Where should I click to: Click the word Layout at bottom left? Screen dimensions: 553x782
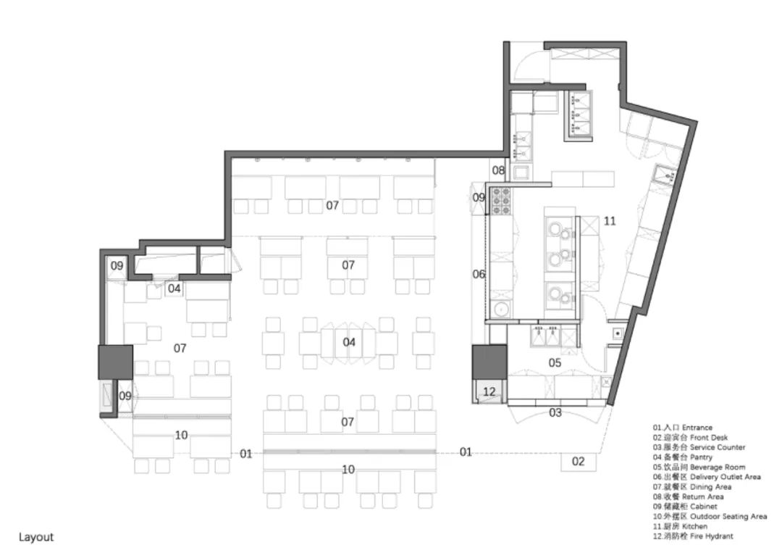tap(36, 537)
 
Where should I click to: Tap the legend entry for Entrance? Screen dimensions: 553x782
tap(682, 428)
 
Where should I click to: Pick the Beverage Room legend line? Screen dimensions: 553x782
tap(698, 467)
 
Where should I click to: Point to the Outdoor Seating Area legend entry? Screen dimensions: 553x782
tap(709, 517)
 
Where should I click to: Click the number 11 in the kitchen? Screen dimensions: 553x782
tap(609, 220)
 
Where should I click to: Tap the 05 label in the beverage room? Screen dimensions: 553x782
tap(555, 362)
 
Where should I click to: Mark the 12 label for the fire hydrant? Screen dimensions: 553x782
tap(490, 392)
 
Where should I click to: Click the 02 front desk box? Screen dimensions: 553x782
tap(578, 461)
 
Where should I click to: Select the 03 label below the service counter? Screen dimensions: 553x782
tap(555, 413)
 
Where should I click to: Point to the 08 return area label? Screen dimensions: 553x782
tap(498, 170)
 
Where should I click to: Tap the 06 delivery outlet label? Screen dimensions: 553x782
tap(479, 274)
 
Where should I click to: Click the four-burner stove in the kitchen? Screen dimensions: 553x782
tap(500, 201)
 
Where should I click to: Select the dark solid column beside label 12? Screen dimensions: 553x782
tap(489, 362)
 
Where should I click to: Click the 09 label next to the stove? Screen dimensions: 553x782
tap(479, 197)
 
